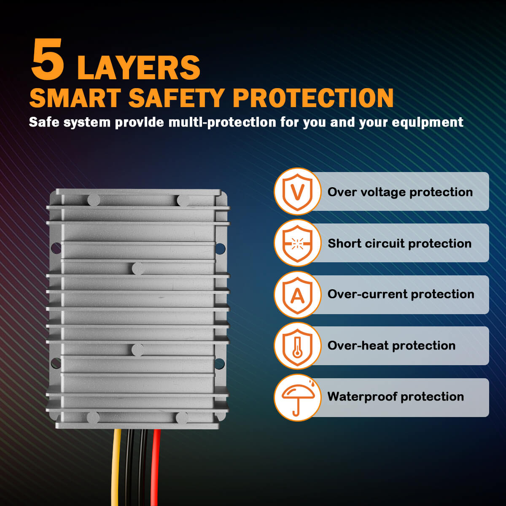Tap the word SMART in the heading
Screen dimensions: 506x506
tap(75, 98)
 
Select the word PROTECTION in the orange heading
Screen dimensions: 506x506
tap(313, 98)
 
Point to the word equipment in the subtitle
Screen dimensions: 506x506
tap(428, 123)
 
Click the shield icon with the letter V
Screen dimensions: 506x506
tap(297, 192)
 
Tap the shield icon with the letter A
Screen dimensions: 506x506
tap(297, 295)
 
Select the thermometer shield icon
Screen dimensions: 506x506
tap(297, 346)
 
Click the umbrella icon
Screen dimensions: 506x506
tap(298, 397)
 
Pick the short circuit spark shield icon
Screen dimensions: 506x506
tap(297, 243)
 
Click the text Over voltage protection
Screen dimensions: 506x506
tap(400, 192)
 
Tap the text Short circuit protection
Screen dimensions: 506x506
tap(399, 243)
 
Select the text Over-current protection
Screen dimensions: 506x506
tap(401, 294)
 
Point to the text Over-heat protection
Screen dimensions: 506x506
tap(391, 346)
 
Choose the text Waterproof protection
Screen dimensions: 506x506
tap(396, 397)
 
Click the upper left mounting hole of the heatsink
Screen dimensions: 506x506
tap(56, 248)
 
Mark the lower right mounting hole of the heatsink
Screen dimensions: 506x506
tap(220, 363)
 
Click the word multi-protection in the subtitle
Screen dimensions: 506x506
tap(222, 123)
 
